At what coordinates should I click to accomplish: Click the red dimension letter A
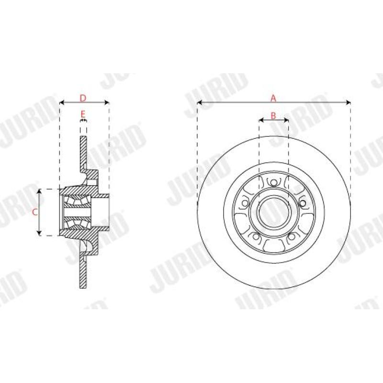tap(273, 98)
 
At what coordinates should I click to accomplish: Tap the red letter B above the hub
tap(273, 115)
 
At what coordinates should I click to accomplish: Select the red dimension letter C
tap(34, 212)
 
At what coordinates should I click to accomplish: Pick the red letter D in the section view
tap(83, 98)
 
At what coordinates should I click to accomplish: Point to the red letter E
tap(83, 114)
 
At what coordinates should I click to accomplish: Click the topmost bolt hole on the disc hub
tap(273, 182)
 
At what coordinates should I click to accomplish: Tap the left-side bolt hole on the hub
tap(245, 203)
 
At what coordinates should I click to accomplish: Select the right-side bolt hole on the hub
tap(303, 203)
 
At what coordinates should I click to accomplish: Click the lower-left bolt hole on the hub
tap(256, 237)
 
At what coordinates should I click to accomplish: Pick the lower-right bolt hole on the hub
tap(292, 237)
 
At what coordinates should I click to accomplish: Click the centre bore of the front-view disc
tap(273, 212)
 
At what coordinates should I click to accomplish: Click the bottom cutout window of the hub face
tap(273, 246)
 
